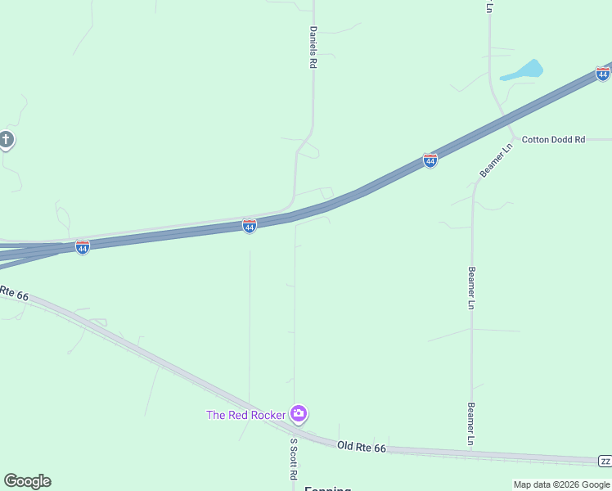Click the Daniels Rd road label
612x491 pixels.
point(313,47)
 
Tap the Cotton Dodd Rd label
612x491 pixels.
point(553,140)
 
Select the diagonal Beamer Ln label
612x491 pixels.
point(495,160)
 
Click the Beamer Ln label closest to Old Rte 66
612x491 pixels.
point(471,423)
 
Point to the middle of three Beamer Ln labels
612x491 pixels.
point(471,287)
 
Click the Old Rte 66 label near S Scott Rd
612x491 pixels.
point(361,447)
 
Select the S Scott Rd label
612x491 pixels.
point(292,458)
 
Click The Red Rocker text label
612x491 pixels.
point(245,415)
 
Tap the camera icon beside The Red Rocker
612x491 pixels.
point(299,414)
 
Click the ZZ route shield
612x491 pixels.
point(605,462)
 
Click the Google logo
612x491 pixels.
point(27,481)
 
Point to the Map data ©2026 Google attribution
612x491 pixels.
point(561,484)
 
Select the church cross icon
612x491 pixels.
point(7,140)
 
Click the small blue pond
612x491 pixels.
point(523,71)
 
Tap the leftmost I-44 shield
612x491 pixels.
point(83,246)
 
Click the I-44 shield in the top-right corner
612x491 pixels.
point(603,74)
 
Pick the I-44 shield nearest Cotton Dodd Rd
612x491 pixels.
point(430,160)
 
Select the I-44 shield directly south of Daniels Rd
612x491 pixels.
point(250,225)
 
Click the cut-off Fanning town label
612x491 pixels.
point(327,489)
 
